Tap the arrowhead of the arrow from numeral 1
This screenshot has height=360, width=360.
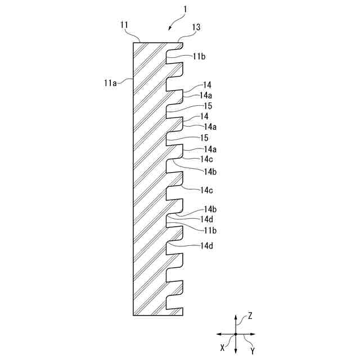[169, 29]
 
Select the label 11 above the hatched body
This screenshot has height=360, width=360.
[124, 25]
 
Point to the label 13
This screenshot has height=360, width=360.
[196, 27]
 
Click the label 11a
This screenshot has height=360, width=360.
[110, 83]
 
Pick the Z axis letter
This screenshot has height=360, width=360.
[250, 316]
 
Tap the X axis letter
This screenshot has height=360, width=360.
[223, 347]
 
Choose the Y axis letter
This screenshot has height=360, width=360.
[252, 350]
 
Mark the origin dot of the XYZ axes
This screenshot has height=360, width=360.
[236, 335]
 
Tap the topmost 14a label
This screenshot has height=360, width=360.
[206, 96]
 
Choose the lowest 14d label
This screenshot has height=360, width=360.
[206, 246]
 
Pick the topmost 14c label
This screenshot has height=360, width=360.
[206, 159]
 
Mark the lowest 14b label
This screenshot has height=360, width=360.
[210, 209]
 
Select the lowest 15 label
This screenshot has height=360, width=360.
[204, 138]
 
